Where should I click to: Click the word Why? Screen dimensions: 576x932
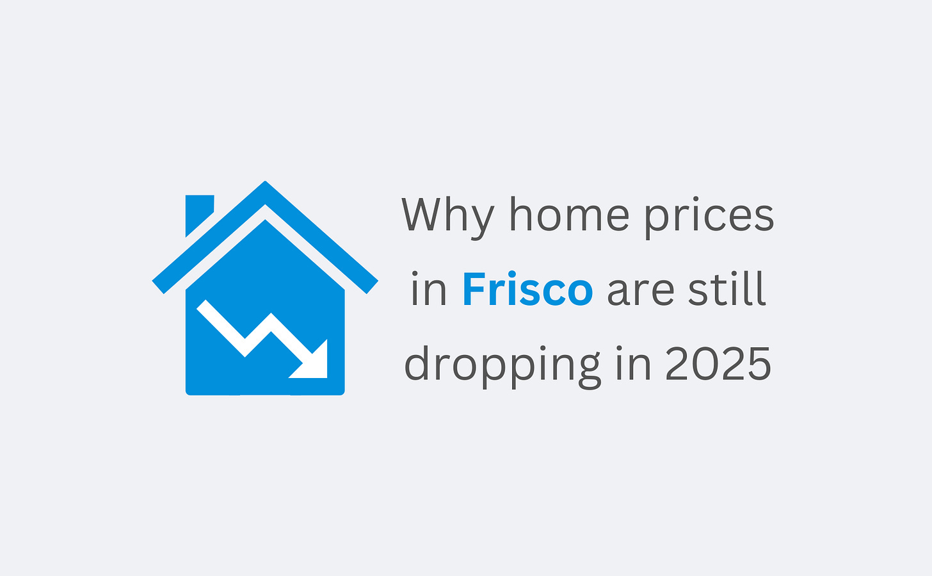tap(447, 217)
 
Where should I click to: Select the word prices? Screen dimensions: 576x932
tap(709, 217)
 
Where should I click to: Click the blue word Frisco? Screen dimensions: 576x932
tap(527, 290)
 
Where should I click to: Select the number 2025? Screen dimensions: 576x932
tap(718, 364)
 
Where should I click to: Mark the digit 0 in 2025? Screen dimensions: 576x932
tap(705, 364)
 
